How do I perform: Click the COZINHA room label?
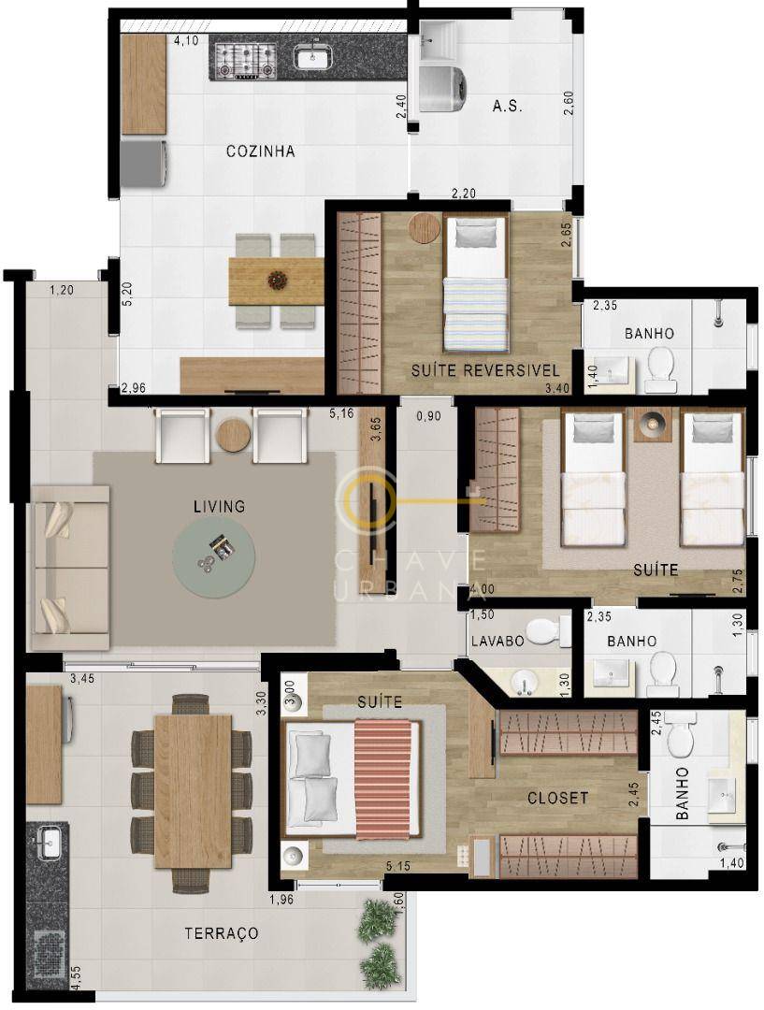click(x=260, y=151)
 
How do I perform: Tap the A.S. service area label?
click(x=507, y=107)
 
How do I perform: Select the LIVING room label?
click(x=219, y=506)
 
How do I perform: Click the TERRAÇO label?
click(x=221, y=933)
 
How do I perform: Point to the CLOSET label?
click(x=557, y=798)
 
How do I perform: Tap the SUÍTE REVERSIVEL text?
click(x=484, y=371)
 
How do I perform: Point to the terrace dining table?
click(x=193, y=790)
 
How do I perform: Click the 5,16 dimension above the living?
click(x=340, y=412)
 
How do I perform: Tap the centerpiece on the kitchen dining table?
click(x=277, y=279)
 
